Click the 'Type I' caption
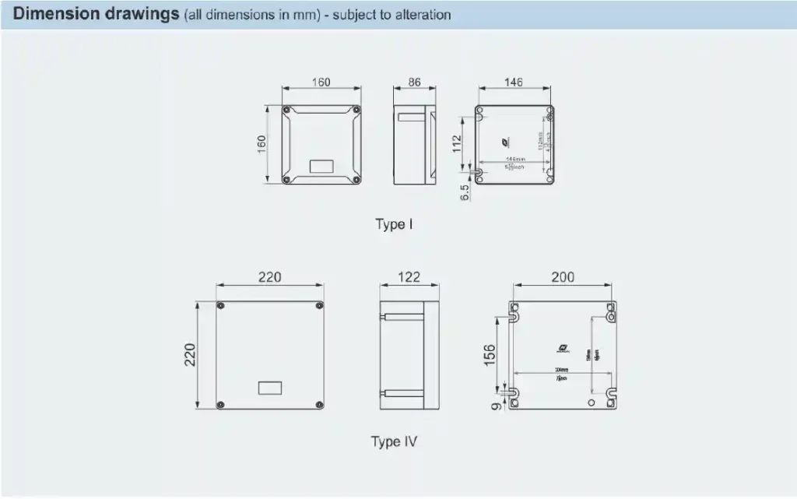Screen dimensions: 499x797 point(394,225)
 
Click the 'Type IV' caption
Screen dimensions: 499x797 point(394,442)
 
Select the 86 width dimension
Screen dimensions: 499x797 point(414,82)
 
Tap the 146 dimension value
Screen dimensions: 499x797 point(514,82)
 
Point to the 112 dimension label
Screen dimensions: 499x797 point(458,143)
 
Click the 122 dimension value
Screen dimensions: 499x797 point(409,277)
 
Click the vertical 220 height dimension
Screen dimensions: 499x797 point(189,355)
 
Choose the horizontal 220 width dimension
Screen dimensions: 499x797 point(269,277)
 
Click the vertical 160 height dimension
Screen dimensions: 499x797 point(262,144)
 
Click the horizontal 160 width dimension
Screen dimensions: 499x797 point(321,82)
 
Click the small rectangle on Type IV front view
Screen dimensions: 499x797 point(269,387)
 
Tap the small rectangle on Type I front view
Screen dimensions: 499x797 point(321,166)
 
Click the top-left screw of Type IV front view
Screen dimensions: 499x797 point(221,305)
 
